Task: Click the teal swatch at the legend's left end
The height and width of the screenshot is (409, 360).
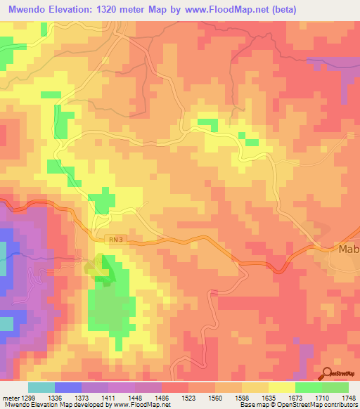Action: pyautogui.click(x=41, y=387)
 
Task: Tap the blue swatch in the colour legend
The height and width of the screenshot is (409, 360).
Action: pyautogui.click(x=67, y=387)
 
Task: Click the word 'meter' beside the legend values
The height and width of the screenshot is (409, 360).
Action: pyautogui.click(x=10, y=397)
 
